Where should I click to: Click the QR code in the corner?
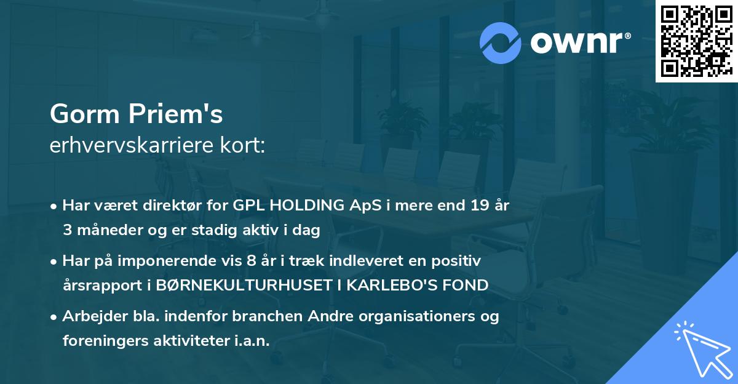[x=696, y=41]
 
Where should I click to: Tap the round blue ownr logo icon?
[x=501, y=42]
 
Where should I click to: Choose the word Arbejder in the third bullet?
[x=90, y=317]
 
